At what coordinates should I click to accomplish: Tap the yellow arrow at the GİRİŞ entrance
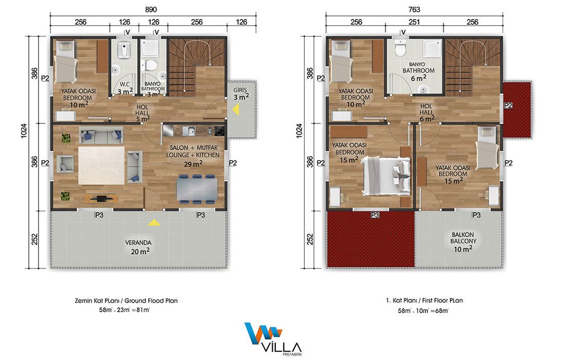236,109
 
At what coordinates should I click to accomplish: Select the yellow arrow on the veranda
154,222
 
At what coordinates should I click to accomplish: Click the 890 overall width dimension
151,9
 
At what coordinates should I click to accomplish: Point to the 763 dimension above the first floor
415,9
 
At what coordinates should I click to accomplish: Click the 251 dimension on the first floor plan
415,22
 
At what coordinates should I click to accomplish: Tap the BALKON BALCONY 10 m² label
463,242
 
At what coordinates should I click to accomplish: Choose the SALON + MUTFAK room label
193,148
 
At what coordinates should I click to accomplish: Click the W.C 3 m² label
125,88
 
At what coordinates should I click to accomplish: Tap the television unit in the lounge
101,199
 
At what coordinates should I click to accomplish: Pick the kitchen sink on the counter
189,130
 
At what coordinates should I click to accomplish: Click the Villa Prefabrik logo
274,339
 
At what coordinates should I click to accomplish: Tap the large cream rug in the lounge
101,166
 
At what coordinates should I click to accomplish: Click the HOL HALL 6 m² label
426,113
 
